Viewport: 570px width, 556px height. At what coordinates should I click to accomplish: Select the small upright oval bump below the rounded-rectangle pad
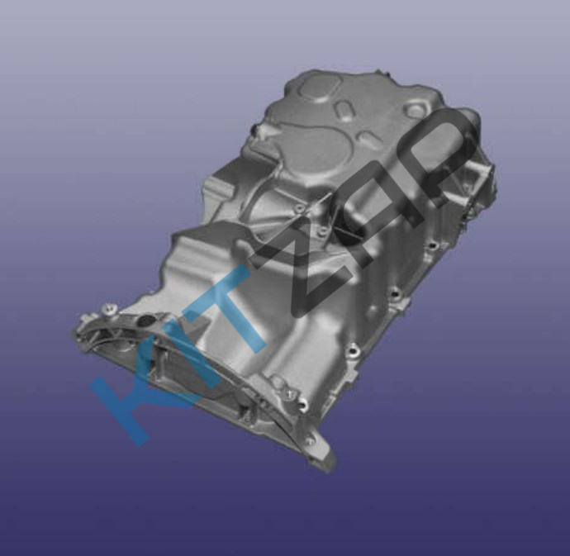344,111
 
